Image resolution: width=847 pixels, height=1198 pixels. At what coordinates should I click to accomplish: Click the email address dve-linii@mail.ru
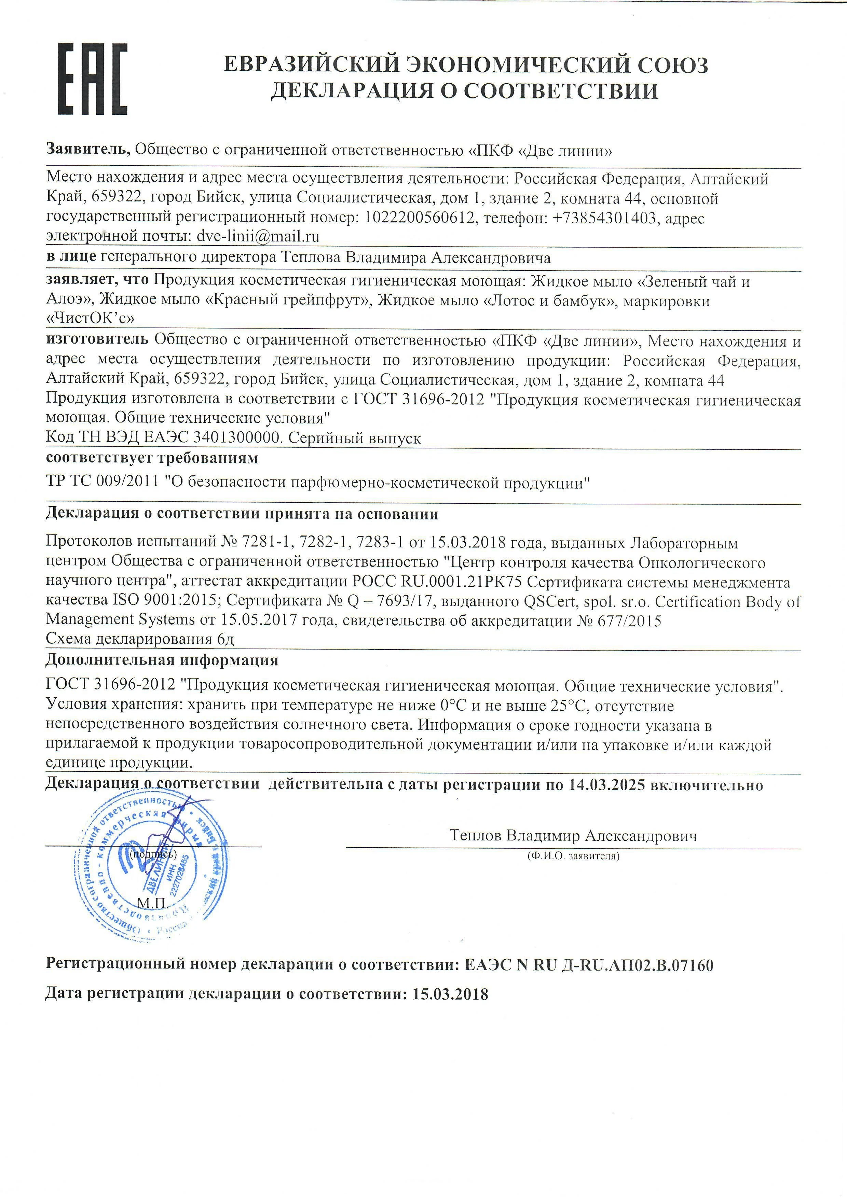[x=258, y=236]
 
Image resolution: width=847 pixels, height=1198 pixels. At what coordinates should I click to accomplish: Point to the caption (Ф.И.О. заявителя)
[x=573, y=856]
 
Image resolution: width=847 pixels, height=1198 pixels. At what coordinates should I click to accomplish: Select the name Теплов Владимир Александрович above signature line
[x=573, y=836]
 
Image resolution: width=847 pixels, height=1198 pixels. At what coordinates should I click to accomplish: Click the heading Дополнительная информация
[x=162, y=660]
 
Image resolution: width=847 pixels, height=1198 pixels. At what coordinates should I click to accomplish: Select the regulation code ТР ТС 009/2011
[x=102, y=483]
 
